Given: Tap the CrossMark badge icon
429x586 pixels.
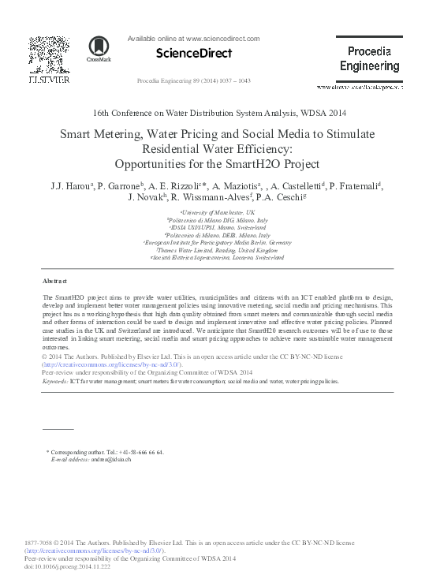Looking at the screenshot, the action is click(99, 49).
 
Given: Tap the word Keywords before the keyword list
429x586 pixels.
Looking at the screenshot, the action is click(55, 380).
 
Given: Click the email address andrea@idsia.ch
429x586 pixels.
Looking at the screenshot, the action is click(111, 459).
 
